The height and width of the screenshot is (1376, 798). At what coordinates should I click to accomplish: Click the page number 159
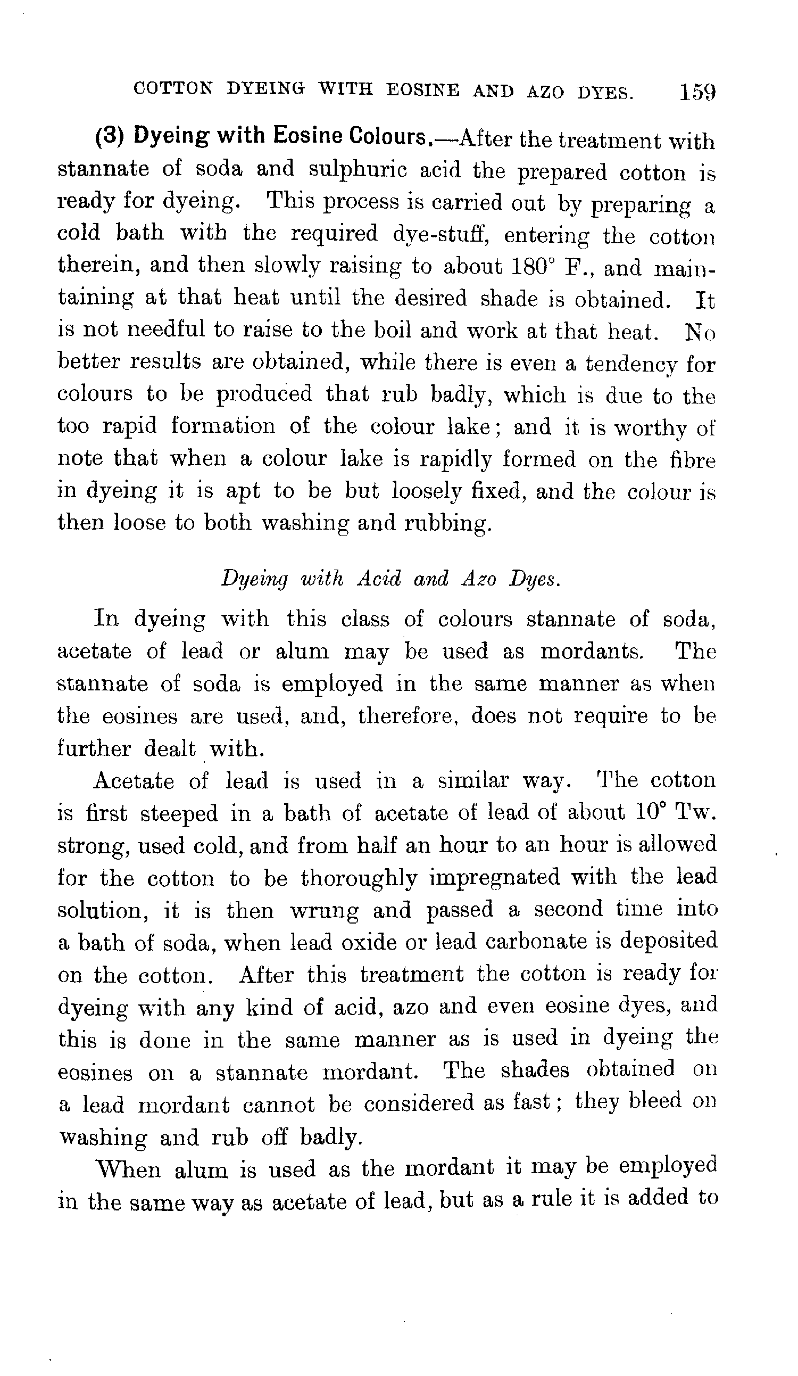pos(697,92)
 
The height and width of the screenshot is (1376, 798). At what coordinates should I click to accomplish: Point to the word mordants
pos(592,652)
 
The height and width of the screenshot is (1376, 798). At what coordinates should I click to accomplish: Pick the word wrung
pos(324,910)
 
